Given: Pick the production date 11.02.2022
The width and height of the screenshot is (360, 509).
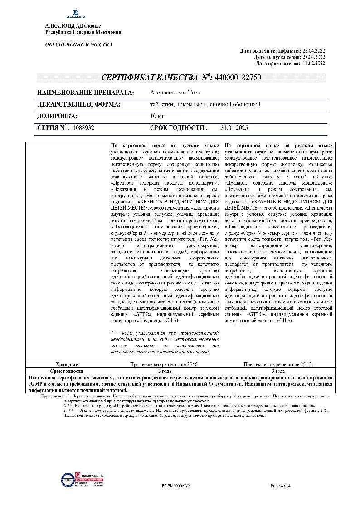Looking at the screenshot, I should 312,64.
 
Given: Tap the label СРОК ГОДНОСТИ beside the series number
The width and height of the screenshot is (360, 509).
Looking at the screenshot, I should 179,128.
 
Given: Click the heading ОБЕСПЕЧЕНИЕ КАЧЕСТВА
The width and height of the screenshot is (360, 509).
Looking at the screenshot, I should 78,44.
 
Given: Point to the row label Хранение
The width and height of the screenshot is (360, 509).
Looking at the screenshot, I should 67,364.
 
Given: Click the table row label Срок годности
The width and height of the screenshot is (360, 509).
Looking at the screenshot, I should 67,371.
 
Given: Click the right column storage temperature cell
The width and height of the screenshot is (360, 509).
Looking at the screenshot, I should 278,364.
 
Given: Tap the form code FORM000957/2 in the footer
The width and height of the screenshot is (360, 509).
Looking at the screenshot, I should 175,485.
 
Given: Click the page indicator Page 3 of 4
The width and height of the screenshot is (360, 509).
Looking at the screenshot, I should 280,485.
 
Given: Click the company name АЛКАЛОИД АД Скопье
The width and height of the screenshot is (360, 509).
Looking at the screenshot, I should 73,26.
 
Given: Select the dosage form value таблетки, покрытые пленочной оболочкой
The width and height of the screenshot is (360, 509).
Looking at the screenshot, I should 205,104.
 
